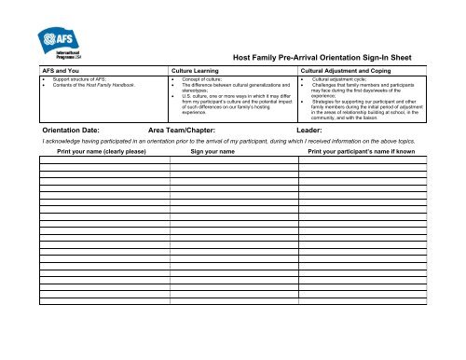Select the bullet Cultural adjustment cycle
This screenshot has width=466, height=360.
(x=338, y=81)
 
